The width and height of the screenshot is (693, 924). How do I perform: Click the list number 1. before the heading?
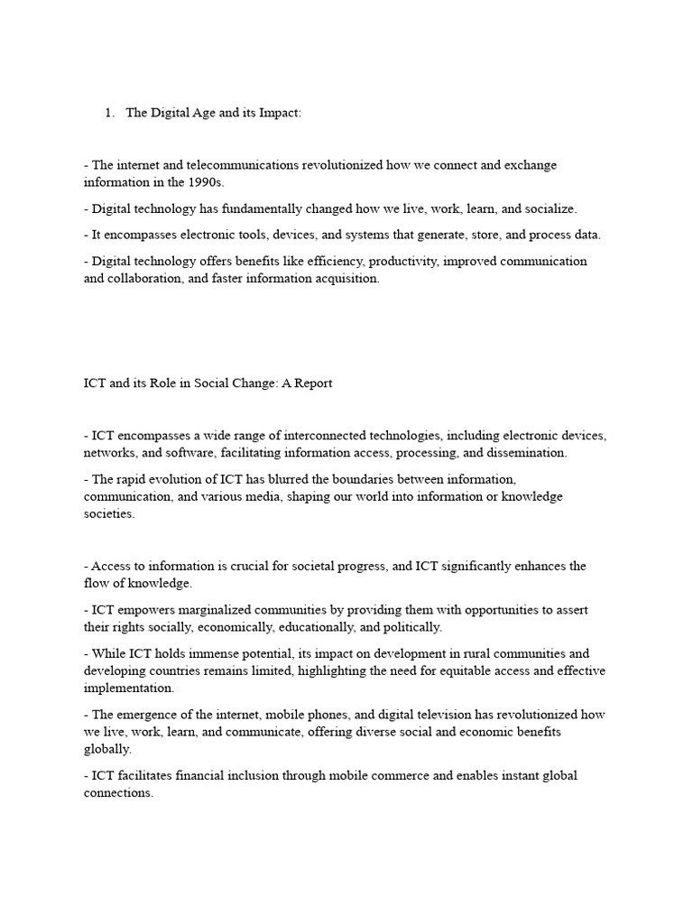coord(109,113)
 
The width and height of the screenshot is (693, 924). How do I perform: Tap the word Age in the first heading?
coord(198,113)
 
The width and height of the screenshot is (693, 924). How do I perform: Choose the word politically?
coord(410,626)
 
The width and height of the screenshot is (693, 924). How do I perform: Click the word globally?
coord(106,748)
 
